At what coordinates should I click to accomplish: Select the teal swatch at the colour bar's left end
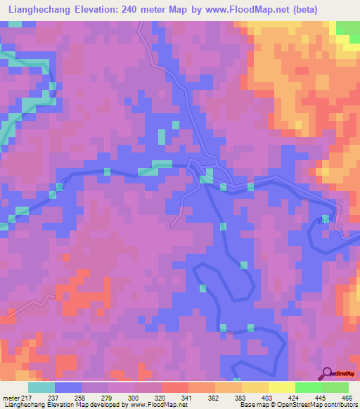click(41, 387)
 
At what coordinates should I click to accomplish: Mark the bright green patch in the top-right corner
click(347, 28)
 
